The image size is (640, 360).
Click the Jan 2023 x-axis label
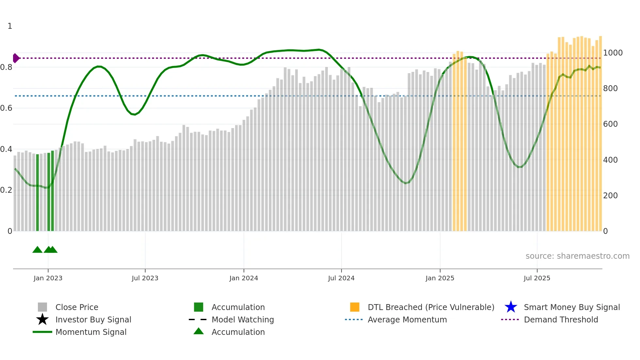48,278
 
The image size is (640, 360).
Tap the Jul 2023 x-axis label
145,278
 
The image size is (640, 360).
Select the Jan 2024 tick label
244,278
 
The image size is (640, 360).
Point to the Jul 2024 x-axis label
341,278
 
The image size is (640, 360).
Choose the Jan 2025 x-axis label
440,278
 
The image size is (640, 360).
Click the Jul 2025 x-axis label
537,278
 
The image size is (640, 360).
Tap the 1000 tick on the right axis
613,53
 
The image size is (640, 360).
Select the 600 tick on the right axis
610,124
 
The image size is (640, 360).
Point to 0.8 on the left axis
6,67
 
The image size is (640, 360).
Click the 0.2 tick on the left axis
6,190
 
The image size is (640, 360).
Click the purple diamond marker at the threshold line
16,58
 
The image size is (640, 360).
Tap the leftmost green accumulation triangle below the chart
37,250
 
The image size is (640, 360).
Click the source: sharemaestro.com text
577,256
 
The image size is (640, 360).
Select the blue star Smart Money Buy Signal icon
511,307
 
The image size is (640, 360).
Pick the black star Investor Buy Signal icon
42,319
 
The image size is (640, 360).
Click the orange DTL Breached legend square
355,307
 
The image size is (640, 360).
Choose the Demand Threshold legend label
561,319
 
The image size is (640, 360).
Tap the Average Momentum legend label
407,319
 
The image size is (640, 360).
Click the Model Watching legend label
243,319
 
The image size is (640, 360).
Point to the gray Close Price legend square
42,307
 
